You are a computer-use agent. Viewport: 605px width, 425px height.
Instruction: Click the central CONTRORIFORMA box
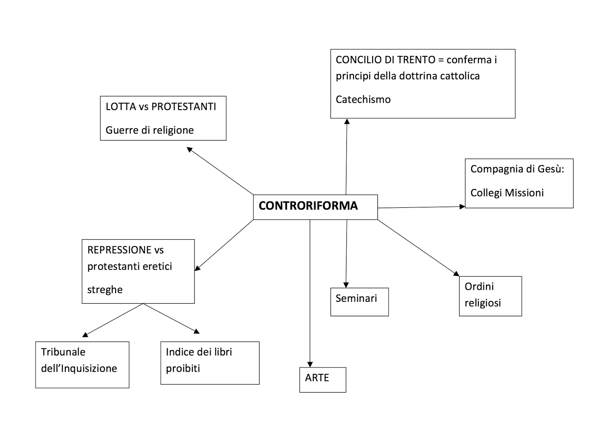315,207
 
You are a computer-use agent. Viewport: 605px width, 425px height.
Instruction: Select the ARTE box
323,379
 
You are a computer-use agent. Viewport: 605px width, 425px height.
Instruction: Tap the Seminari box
359,301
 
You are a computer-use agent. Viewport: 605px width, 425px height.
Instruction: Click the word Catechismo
363,99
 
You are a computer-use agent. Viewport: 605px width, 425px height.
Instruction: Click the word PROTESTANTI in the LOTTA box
183,107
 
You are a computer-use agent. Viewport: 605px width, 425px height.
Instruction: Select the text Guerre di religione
149,130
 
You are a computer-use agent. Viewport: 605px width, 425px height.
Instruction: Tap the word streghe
105,290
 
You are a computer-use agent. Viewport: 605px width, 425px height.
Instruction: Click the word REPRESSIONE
119,250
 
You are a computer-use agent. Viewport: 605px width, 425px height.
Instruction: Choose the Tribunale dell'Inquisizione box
82,364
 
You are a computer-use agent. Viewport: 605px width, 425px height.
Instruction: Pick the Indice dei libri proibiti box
209,363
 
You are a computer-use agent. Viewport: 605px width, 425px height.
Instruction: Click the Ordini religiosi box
490,296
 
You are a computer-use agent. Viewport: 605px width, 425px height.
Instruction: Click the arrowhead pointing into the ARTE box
310,365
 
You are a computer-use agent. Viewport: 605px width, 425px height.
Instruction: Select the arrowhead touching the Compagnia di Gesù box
462,207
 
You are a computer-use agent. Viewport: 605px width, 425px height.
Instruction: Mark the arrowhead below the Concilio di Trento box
347,122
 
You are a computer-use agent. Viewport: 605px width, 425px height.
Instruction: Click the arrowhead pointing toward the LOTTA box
189,150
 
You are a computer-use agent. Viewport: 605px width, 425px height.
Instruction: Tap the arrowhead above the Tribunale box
85,335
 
